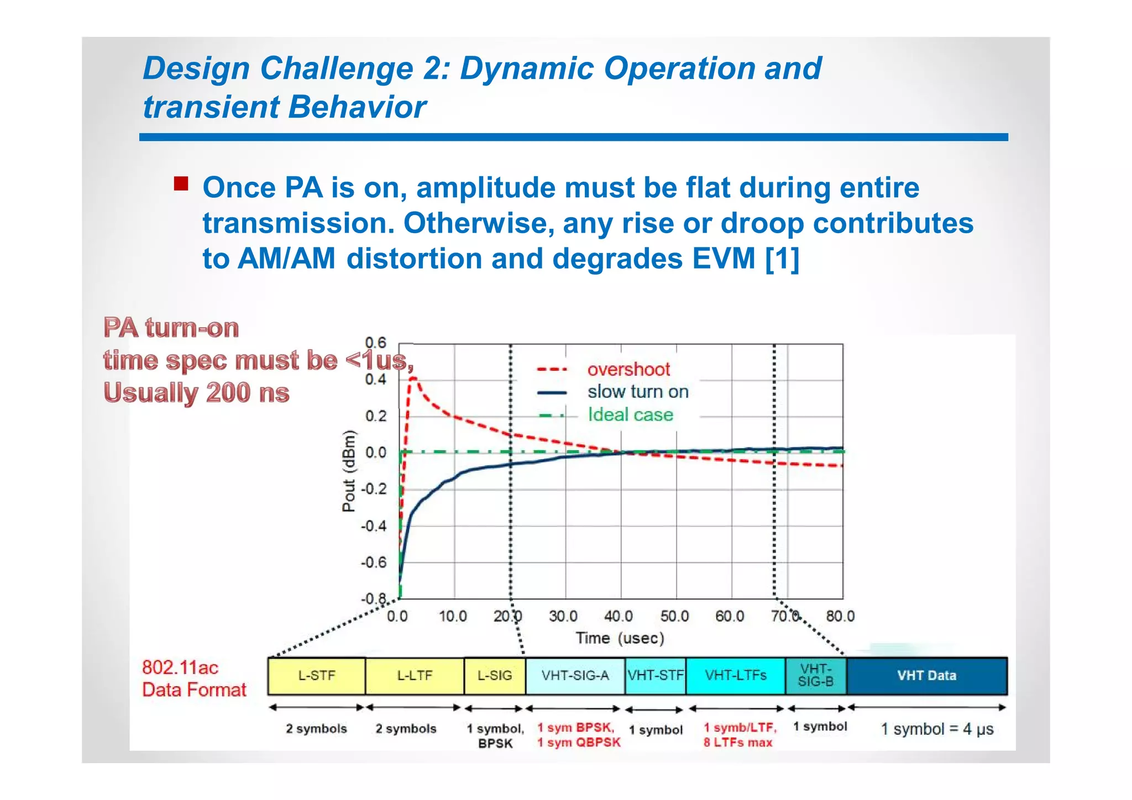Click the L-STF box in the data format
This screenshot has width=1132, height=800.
pos(316,676)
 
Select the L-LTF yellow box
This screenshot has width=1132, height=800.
pos(415,676)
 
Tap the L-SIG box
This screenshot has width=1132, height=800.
pos(495,676)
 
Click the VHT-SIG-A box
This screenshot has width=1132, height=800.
pos(575,676)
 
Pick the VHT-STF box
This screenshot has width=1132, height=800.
pos(656,676)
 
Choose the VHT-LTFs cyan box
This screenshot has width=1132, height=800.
pos(736,676)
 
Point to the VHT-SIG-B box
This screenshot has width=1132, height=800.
pos(816,676)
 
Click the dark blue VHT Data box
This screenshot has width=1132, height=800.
pos(927,676)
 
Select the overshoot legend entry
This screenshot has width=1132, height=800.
pos(628,369)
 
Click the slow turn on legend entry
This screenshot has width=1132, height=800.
pos(638,392)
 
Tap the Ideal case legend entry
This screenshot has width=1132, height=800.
pos(630,415)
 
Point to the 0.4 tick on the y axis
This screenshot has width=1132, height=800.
pos(376,380)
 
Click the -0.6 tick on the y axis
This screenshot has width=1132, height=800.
pos(374,562)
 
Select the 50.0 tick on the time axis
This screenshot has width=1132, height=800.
pos(674,616)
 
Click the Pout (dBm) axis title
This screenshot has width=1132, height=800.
pos(348,471)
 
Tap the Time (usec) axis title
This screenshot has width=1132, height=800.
pos(620,639)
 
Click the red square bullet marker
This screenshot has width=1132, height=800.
pos(181,183)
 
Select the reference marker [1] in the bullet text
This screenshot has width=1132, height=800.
pos(782,259)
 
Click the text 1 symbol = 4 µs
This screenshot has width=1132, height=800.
pos(937,729)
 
